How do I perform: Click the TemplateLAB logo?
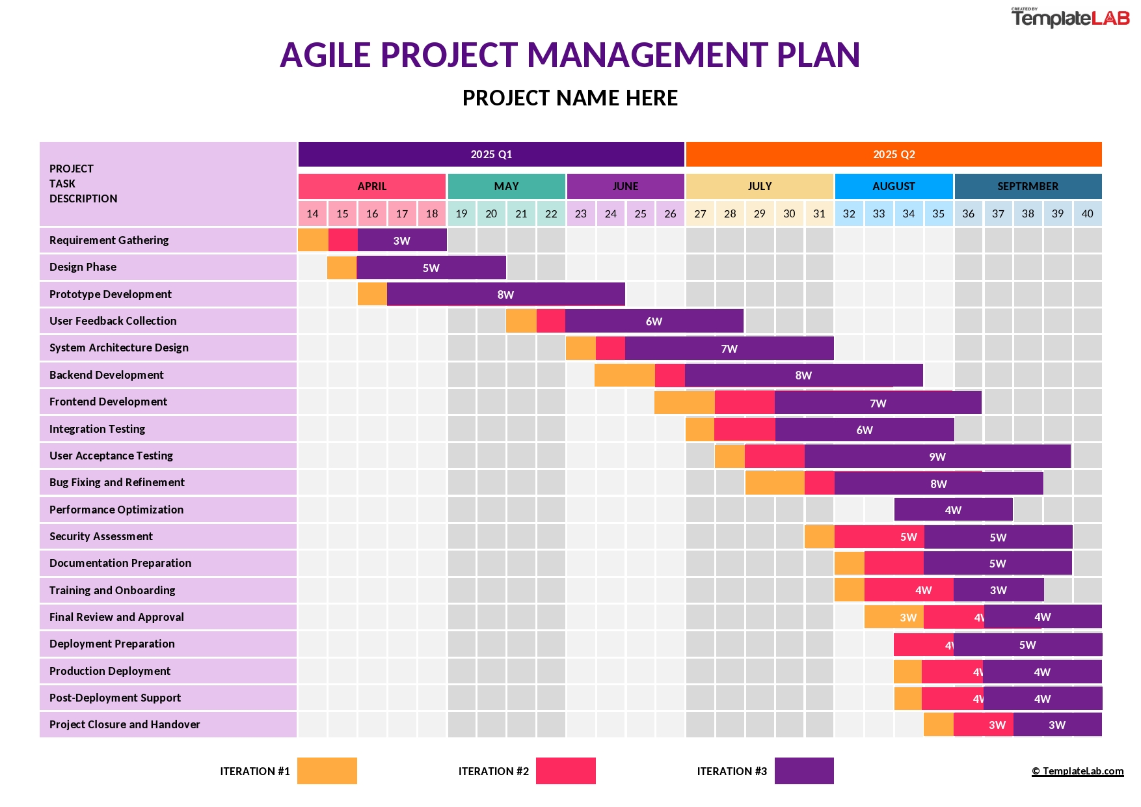click(x=1070, y=18)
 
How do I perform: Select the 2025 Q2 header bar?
click(x=894, y=154)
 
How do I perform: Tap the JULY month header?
click(x=759, y=186)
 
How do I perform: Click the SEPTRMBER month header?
click(x=1028, y=186)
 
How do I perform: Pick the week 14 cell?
click(x=312, y=213)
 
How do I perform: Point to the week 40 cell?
click(x=1087, y=213)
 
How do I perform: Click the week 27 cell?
click(x=700, y=213)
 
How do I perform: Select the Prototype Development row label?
click(x=111, y=294)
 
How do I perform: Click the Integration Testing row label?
click(x=98, y=429)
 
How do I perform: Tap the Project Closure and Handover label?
click(x=125, y=724)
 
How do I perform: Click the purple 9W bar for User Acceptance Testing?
click(x=937, y=456)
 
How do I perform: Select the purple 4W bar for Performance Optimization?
click(x=953, y=510)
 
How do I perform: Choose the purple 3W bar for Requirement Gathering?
click(x=402, y=240)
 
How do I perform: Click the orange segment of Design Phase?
click(x=342, y=267)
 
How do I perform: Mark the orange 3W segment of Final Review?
click(x=894, y=617)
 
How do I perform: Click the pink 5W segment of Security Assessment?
click(x=879, y=537)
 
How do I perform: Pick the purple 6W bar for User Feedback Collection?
click(x=654, y=321)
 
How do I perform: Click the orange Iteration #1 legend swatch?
click(x=327, y=771)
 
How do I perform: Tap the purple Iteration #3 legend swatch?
click(x=804, y=771)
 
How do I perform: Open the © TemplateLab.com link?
click(x=1077, y=771)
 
